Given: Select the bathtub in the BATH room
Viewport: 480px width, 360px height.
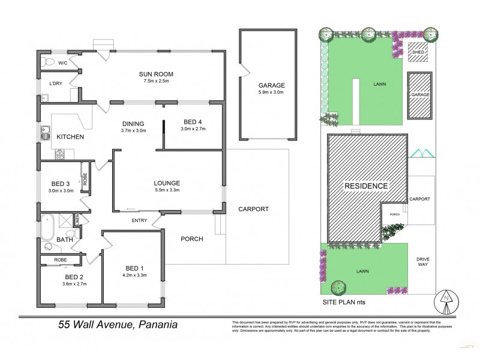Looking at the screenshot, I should pyautogui.click(x=49, y=227).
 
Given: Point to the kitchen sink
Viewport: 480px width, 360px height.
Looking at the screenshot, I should pyautogui.click(x=45, y=132).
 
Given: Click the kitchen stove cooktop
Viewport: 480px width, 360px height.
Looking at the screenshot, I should pyautogui.click(x=61, y=155).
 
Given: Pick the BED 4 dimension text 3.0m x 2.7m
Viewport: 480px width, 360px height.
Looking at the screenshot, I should pyautogui.click(x=193, y=129).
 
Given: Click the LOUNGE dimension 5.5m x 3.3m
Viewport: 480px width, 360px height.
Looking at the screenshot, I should pyautogui.click(x=167, y=191).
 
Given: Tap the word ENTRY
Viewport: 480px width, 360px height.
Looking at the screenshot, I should pyautogui.click(x=139, y=221).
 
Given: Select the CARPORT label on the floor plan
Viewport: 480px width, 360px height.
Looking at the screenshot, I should pyautogui.click(x=253, y=209).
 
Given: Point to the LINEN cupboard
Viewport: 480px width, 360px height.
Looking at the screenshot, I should pyautogui.click(x=77, y=220).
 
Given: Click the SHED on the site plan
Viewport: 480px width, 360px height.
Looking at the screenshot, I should pyautogui.click(x=417, y=52).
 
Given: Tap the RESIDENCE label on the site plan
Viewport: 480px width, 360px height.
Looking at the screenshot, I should pyautogui.click(x=365, y=186).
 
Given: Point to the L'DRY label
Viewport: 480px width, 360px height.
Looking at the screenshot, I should pyautogui.click(x=57, y=83).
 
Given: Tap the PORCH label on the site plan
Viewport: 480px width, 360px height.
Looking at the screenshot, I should pyautogui.click(x=394, y=214).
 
